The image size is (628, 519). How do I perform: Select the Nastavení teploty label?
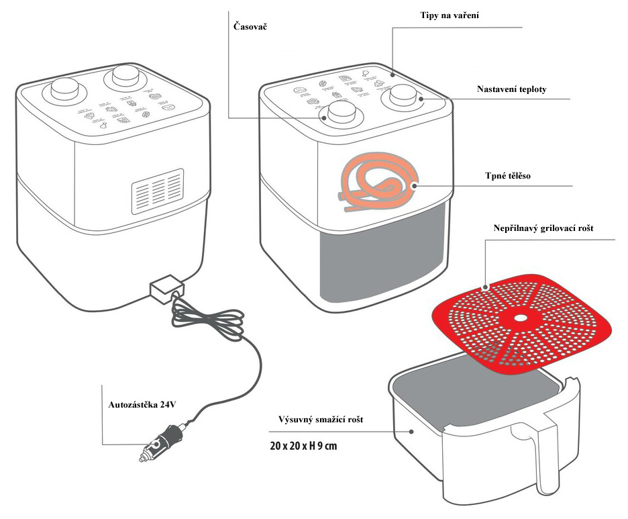(x=507, y=89)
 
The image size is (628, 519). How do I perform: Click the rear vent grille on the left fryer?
(x=157, y=190)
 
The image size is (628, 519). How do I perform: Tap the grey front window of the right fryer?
(x=380, y=254)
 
